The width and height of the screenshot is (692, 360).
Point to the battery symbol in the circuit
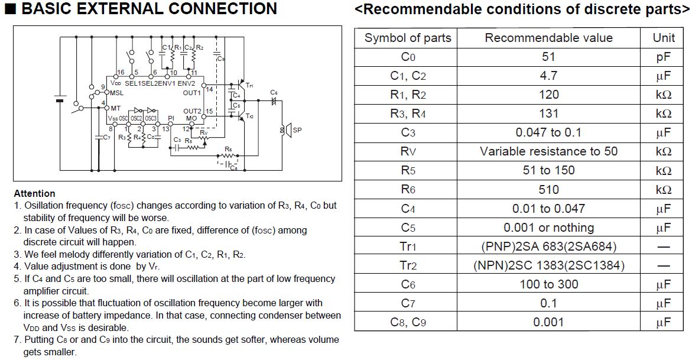[60, 99]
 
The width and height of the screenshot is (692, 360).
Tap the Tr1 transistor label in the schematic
[249, 85]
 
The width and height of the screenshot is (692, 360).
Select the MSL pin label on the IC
[116, 93]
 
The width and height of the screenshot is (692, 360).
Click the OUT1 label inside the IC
[192, 93]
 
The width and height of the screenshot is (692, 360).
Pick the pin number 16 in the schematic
[121, 72]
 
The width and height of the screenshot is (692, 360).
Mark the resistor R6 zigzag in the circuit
[228, 155]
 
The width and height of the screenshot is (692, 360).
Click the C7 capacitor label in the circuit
[106, 137]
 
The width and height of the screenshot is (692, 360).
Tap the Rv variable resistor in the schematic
[203, 138]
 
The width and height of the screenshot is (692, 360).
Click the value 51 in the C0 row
[548, 57]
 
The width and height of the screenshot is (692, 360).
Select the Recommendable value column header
[548, 38]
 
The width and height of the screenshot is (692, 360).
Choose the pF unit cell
[663, 57]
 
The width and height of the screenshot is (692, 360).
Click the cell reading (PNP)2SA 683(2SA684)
[548, 247]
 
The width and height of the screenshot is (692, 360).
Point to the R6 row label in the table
[408, 190]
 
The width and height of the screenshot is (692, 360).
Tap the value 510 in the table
[548, 190]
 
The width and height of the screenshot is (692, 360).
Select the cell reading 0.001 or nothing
[548, 228]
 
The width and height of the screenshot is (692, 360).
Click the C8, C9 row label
[408, 322]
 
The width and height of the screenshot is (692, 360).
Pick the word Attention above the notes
[34, 193]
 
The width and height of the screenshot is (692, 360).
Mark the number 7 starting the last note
[17, 340]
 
